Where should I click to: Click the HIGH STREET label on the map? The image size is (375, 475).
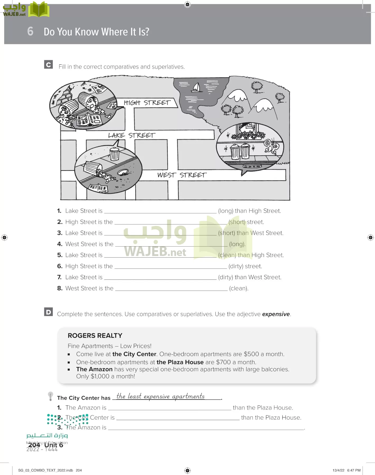pyautogui.click(x=147, y=102)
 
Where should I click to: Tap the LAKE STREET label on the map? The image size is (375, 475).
pyautogui.click(x=131, y=135)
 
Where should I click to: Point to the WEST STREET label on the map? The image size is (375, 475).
pyautogui.click(x=182, y=175)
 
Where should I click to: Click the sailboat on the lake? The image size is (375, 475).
pyautogui.click(x=197, y=87)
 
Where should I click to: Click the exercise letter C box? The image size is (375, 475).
pyautogui.click(x=49, y=65)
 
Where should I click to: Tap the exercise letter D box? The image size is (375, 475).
pyautogui.click(x=49, y=312)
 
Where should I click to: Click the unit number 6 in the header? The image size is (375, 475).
pyautogui.click(x=30, y=31)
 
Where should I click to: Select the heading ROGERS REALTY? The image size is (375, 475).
pyautogui.click(x=95, y=336)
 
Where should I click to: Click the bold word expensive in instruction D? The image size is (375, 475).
pyautogui.click(x=276, y=314)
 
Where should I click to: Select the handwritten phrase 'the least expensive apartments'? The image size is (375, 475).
pyautogui.click(x=160, y=396)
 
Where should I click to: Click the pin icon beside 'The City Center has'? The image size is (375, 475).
pyautogui.click(x=50, y=396)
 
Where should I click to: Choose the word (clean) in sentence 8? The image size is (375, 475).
pyautogui.click(x=239, y=288)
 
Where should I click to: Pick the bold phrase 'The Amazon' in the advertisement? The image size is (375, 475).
pyautogui.click(x=94, y=369)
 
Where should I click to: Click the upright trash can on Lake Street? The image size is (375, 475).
pyautogui.click(x=114, y=154)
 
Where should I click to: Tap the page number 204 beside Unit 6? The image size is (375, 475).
pyautogui.click(x=34, y=445)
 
